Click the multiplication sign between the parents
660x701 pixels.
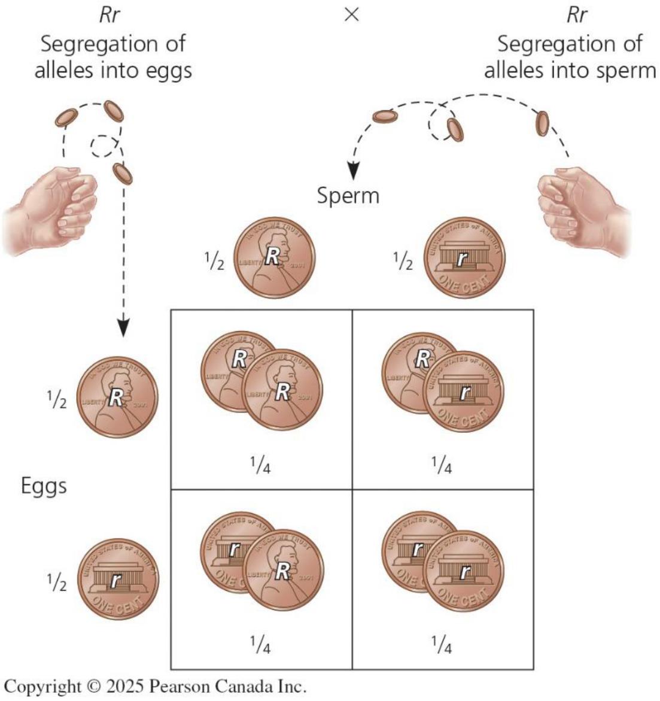(x=352, y=16)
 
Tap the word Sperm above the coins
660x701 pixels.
(x=348, y=196)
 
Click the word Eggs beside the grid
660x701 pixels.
(x=44, y=485)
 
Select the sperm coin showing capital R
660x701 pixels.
(x=274, y=258)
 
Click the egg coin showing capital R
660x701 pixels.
(x=118, y=397)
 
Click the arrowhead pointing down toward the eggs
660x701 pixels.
(x=123, y=327)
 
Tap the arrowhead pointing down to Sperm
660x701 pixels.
(x=354, y=171)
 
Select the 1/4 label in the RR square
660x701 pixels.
(x=260, y=466)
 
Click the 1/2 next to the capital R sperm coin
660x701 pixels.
(x=214, y=262)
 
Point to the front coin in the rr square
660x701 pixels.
(x=465, y=571)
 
